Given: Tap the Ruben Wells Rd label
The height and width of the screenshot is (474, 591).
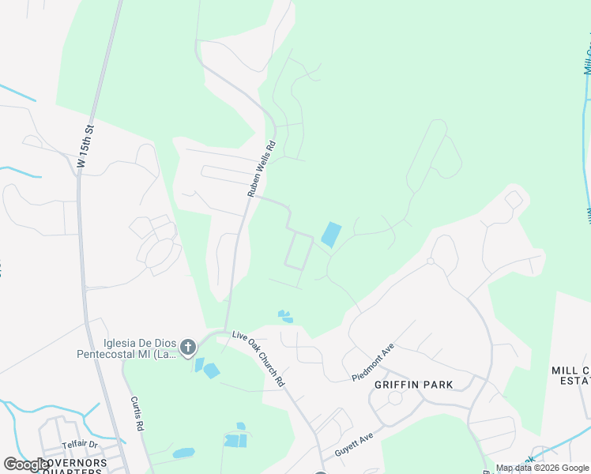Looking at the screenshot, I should point(260,169).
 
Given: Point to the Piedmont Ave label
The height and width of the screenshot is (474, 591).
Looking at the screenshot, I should point(373,363).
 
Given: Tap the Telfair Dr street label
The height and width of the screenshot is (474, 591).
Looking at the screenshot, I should point(80,445).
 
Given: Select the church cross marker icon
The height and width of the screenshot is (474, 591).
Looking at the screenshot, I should point(188,347).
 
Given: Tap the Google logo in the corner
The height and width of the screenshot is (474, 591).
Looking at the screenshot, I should point(25,465).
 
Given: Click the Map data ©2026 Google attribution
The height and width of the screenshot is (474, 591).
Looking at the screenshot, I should point(542,468).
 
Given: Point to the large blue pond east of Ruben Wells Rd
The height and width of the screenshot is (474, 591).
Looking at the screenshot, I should point(331,235).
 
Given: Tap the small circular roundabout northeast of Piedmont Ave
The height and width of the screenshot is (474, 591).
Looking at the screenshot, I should point(431,261).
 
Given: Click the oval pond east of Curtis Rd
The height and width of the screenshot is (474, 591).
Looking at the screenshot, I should point(183,453).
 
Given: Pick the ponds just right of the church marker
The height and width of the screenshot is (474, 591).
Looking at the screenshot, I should point(206,368).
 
